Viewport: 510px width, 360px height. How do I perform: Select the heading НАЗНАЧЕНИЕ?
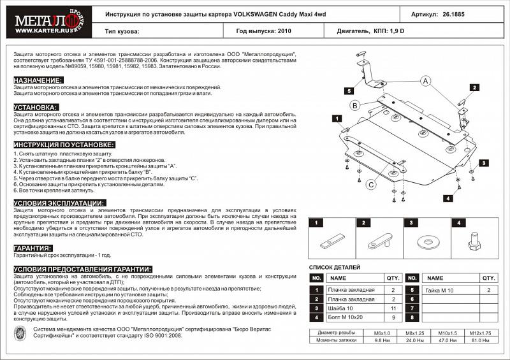[38, 80]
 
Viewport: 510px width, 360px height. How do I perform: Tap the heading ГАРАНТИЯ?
[33, 248]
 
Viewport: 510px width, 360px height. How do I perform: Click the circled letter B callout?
[354, 105]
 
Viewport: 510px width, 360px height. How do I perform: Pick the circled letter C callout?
[370, 185]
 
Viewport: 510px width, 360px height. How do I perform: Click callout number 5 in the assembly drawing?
[350, 91]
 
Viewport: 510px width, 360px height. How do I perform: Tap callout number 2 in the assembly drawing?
[474, 87]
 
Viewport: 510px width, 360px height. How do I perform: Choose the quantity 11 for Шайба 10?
[393, 308]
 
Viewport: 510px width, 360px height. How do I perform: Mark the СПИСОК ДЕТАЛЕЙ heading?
[335, 267]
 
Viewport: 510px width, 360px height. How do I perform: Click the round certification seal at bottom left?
[21, 334]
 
